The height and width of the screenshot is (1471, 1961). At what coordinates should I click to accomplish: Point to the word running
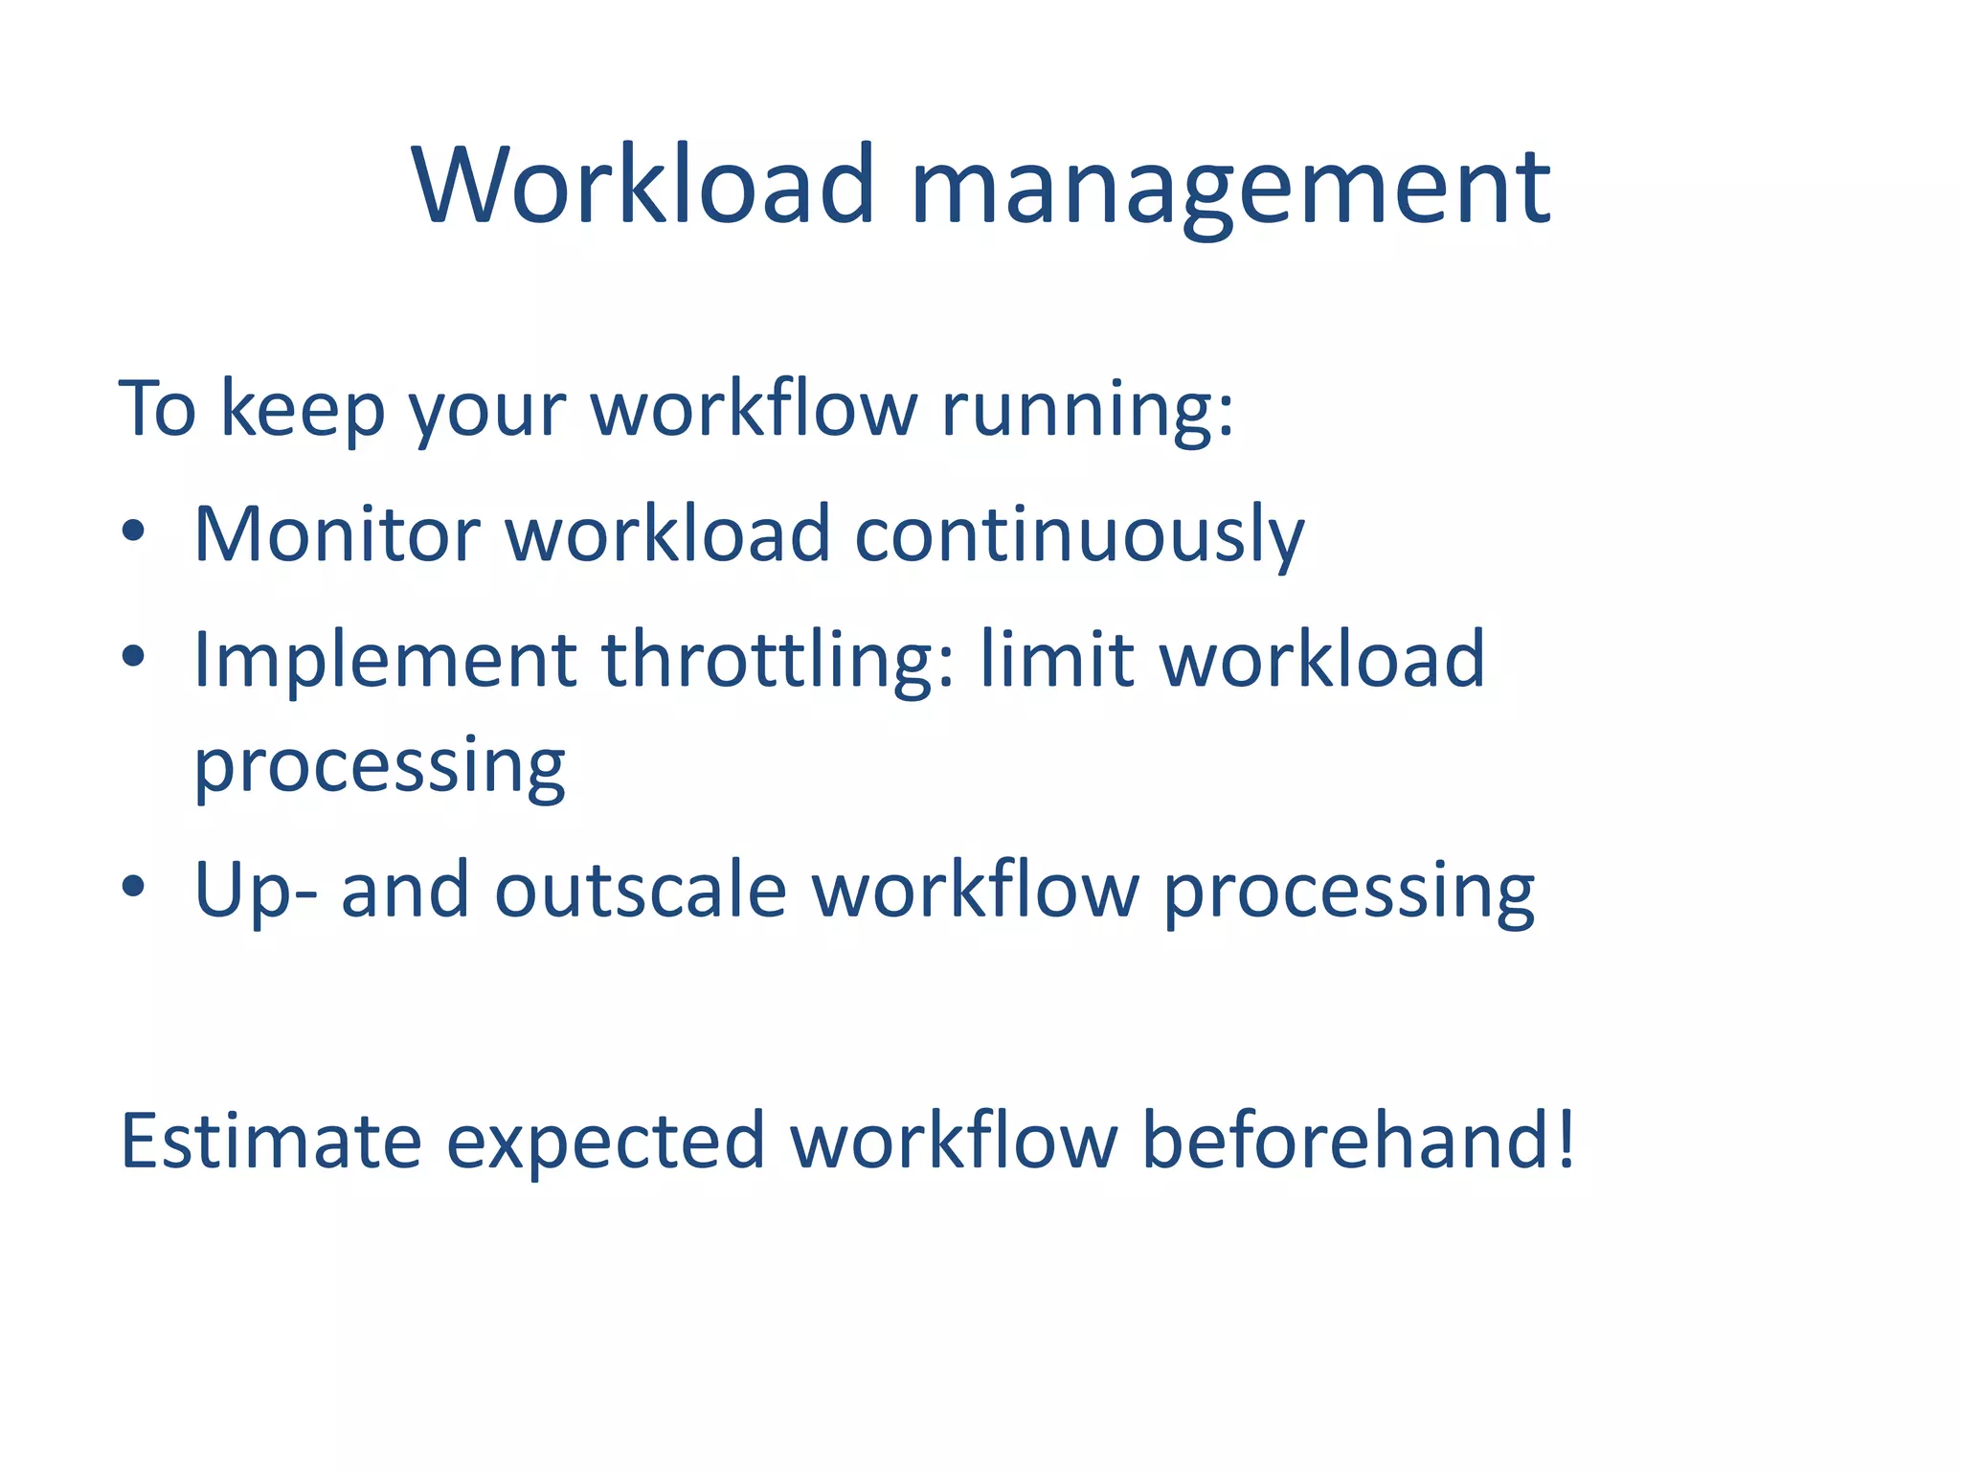point(1086,412)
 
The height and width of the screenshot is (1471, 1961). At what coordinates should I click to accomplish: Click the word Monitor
point(336,533)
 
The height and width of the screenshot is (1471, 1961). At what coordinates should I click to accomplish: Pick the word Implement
point(385,661)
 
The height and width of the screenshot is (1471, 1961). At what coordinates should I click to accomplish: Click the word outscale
point(641,891)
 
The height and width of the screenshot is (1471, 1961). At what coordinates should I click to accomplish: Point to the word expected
point(605,1143)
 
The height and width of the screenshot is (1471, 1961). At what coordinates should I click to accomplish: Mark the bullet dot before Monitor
point(133,532)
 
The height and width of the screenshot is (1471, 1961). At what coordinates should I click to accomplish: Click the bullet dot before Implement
point(133,657)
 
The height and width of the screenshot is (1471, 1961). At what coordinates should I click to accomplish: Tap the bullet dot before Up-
point(133,887)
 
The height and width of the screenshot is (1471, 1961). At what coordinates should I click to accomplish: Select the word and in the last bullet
point(405,891)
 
